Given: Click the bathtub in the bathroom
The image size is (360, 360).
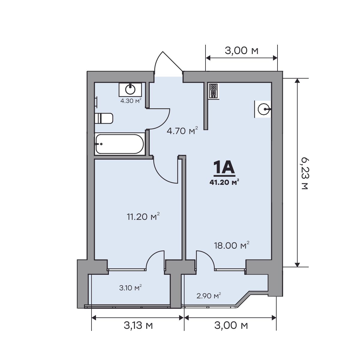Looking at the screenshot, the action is tap(120, 144).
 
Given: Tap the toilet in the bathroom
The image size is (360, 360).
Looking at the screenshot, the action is tap(104, 118).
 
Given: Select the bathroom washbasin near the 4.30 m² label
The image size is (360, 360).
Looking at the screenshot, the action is tap(130, 90).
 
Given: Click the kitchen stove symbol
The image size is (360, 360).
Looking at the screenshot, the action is tap(214, 91).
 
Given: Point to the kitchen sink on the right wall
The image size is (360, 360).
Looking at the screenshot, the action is tap(263, 109).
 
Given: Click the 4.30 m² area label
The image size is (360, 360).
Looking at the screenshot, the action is tap(131, 101).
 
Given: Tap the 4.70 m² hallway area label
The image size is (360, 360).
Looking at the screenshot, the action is tap(182, 130).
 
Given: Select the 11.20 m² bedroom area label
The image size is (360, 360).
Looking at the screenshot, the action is tap(143, 217).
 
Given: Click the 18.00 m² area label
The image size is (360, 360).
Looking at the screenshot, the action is tap(232, 245).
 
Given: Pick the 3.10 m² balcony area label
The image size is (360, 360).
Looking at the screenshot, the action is tap(130, 287).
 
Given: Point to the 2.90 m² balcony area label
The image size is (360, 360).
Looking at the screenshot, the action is tap(209, 296).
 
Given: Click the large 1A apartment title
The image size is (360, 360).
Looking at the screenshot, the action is tap(224, 167).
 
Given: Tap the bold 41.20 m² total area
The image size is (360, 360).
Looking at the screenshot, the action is tap(224, 182).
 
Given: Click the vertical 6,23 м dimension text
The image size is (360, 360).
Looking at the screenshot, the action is tap(305, 173).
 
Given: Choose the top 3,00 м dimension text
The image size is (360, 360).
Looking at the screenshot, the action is tap(241, 50).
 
